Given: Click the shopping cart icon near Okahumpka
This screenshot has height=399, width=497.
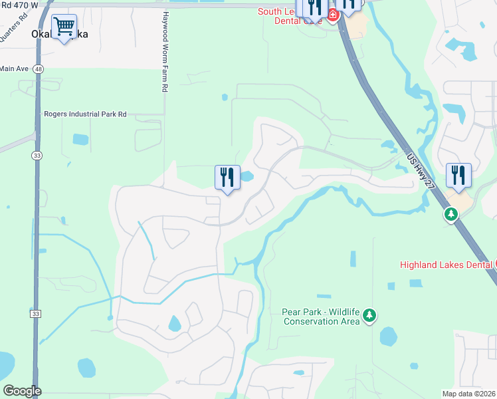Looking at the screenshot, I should [64, 27].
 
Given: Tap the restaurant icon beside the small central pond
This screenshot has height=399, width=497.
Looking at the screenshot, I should [227, 178].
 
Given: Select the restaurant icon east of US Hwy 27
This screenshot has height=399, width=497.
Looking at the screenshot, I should [458, 176].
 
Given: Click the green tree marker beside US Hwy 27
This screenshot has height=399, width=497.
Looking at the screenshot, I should [451, 214].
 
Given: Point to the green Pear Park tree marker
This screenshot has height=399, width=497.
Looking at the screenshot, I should [370, 315].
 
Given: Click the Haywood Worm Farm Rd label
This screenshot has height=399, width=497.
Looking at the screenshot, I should [163, 52].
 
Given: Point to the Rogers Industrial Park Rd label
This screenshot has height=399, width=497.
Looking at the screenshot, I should [85, 114].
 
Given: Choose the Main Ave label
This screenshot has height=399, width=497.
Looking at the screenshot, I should [13, 68].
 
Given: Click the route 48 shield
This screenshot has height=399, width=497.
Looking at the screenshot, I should [39, 68].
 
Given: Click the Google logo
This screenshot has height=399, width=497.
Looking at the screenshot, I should [22, 391].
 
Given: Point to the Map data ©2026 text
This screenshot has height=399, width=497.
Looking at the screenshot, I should [469, 394].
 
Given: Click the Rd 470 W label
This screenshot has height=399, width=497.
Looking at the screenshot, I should [19, 5].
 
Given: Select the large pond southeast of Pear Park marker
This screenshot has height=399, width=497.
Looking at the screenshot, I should [389, 336].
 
